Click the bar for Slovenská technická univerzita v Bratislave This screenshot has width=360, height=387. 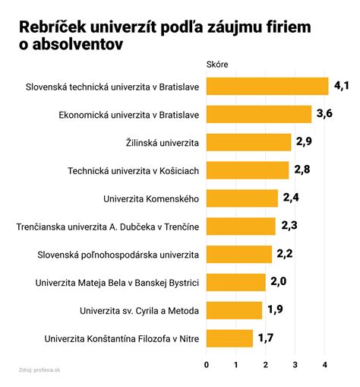[x=267, y=86]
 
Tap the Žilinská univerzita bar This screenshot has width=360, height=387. [x=249, y=142]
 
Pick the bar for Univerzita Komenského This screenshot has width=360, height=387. [x=242, y=198]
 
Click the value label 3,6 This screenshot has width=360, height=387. [x=326, y=114]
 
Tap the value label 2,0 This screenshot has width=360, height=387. [x=279, y=282]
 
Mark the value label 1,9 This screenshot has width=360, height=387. [x=275, y=310]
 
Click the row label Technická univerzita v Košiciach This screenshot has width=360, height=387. [x=134, y=170]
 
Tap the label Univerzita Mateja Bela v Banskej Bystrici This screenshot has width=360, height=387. [x=117, y=283]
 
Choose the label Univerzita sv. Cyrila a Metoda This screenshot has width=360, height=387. [x=139, y=310]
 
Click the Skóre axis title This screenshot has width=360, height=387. [x=217, y=64]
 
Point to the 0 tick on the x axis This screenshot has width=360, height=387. [x=207, y=364]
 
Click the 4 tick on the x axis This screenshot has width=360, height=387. [x=325, y=364]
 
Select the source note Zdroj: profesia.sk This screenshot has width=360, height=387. [x=40, y=370]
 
